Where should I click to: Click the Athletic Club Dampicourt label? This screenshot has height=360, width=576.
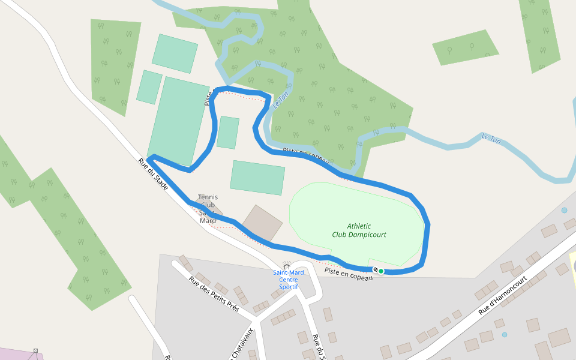tap(359, 230)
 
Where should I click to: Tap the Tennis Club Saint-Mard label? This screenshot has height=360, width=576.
tap(208, 208)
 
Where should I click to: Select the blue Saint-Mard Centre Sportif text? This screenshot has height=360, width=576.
tap(288, 280)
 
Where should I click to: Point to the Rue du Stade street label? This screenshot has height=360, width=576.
tap(153, 175)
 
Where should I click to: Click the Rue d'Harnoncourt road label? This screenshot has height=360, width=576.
tap(502, 295)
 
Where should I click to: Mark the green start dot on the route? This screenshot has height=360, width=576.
tap(381, 271)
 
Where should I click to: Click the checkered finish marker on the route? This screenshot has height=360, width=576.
tap(375, 271)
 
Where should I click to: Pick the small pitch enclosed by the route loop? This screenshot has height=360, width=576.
tap(228, 133)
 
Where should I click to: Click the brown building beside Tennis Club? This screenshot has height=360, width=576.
tap(262, 224)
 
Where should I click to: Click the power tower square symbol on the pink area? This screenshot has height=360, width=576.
tap(35, 350)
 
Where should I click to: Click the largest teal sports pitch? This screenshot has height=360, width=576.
tap(178, 121)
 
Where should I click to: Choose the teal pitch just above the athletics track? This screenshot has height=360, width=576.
tap(257, 178)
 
